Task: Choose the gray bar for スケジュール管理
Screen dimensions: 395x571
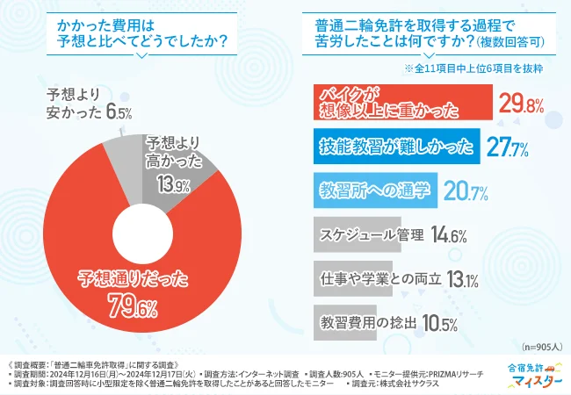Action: pyautogui.click(x=356, y=233)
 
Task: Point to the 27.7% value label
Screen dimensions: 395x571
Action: pyautogui.click(x=508, y=147)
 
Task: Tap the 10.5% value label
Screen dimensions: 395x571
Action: pyautogui.click(x=438, y=323)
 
